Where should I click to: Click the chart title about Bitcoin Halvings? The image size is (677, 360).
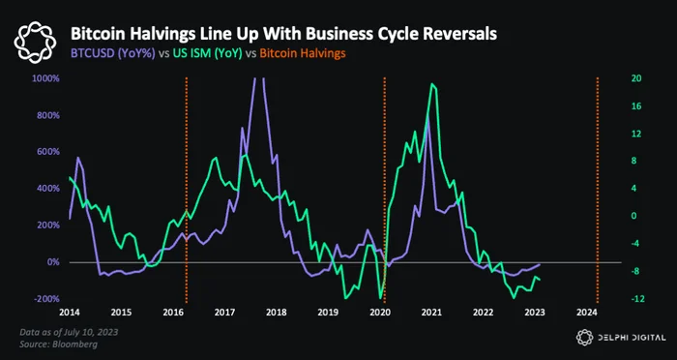pyautogui.click(x=283, y=35)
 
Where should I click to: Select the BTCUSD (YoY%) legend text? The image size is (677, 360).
pyautogui.click(x=113, y=53)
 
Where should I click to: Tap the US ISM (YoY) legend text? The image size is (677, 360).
pyautogui.click(x=208, y=53)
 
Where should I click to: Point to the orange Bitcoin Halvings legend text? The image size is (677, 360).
pyautogui.click(x=303, y=53)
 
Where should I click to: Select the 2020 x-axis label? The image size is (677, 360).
pyautogui.click(x=380, y=313)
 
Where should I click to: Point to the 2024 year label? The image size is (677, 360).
pyautogui.click(x=587, y=313)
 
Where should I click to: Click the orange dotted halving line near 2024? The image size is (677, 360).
pyautogui.click(x=598, y=190)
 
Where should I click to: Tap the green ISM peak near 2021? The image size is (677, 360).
pyautogui.click(x=431, y=84)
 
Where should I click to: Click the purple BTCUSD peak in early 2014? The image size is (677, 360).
pyautogui.click(x=77, y=158)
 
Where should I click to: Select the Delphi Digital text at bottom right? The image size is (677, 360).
pyautogui.click(x=631, y=338)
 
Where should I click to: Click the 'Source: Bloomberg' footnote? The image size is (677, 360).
pyautogui.click(x=58, y=345)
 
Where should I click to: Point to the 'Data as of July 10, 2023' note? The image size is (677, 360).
pyautogui.click(x=69, y=332)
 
